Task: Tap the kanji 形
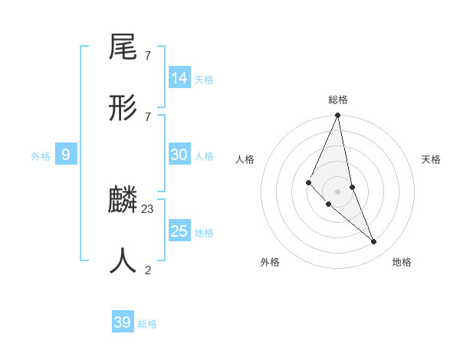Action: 123,110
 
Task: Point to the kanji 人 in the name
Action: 123,262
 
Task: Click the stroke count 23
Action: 148,209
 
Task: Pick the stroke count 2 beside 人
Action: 148,270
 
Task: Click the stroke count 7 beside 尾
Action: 148,56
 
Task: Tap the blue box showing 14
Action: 179,78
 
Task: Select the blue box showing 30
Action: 179,155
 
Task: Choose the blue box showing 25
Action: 179,231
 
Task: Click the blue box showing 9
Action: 66,155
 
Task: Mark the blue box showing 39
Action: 123,322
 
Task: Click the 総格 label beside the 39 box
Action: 148,324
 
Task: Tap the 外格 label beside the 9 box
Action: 41,156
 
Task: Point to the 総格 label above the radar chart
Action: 338,100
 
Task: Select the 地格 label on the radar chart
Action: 402,262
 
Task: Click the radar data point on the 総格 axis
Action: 338,115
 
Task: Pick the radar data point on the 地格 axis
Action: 374,242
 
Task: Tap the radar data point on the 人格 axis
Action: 308,182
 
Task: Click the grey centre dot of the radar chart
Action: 338,191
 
